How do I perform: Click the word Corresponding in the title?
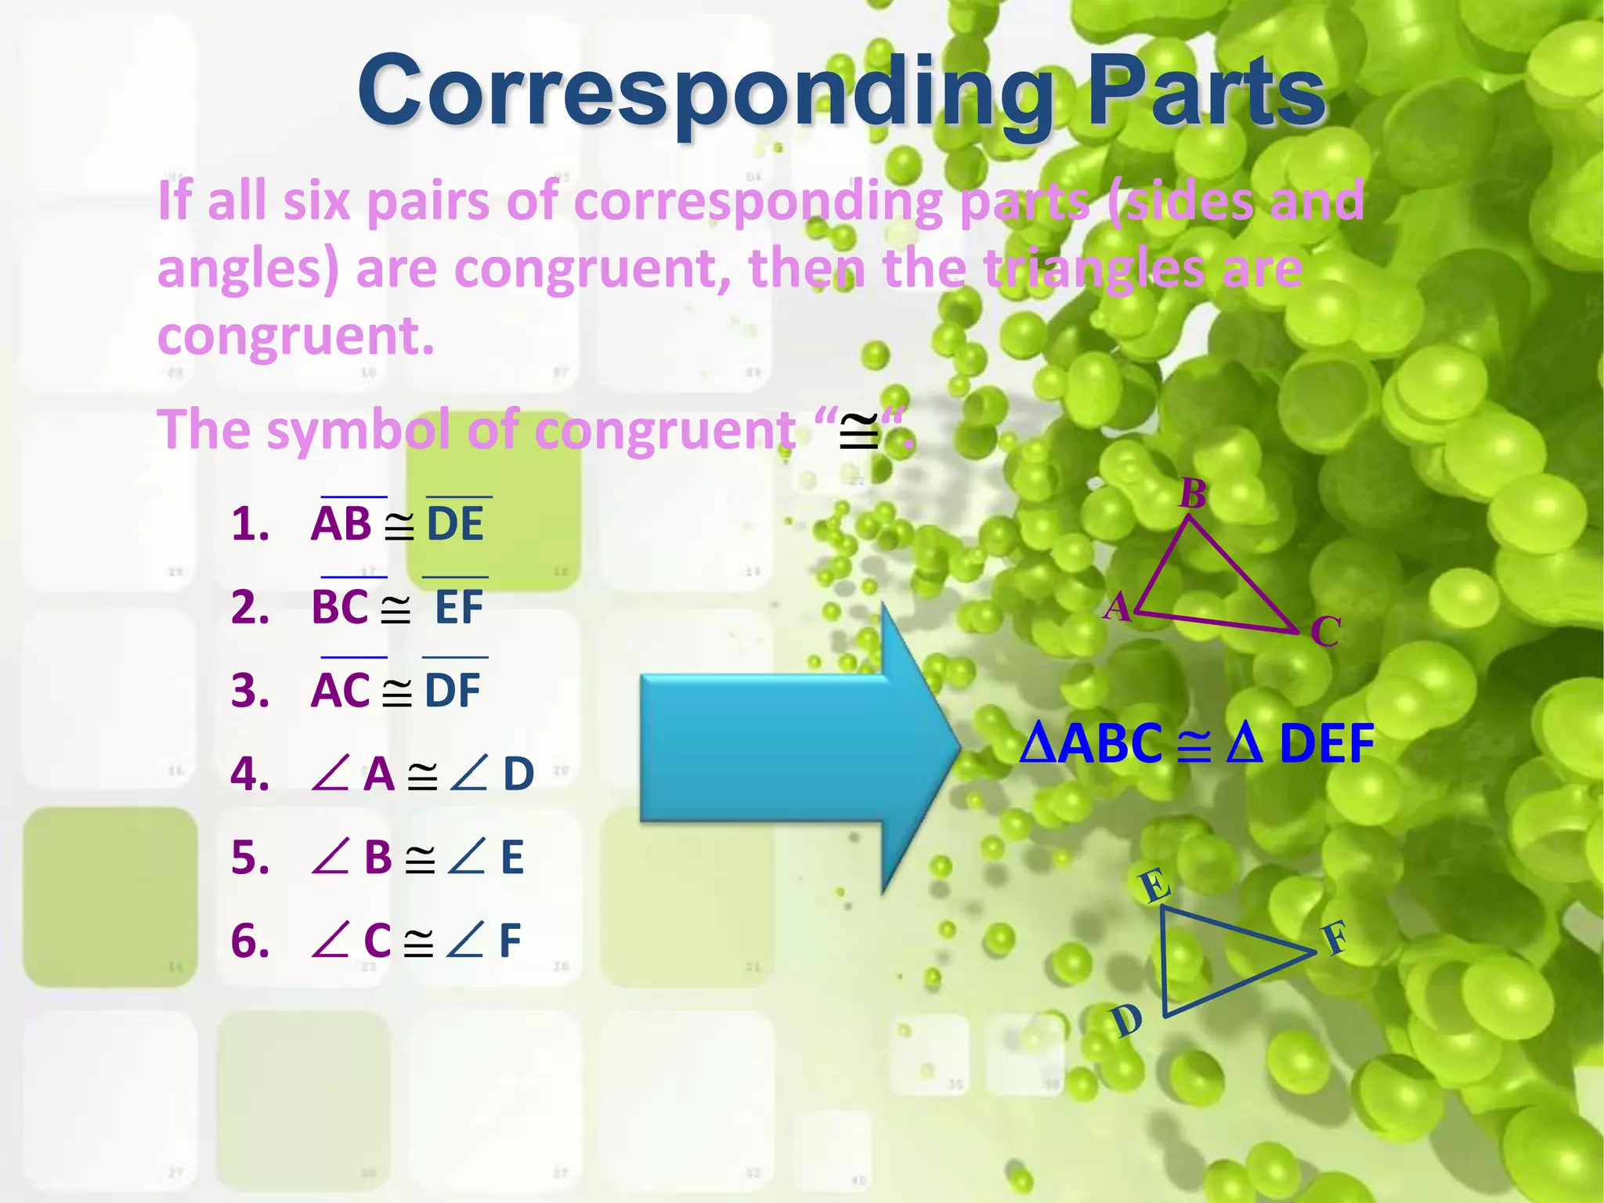click(x=705, y=92)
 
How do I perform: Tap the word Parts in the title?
click(x=1206, y=92)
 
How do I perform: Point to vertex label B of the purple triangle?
click(x=1193, y=494)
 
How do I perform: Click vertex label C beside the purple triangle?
click(x=1325, y=631)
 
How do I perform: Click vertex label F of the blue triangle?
click(x=1336, y=937)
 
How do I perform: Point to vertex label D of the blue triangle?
click(x=1127, y=1021)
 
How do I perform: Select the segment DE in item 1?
click(x=455, y=524)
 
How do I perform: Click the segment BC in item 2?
click(x=340, y=607)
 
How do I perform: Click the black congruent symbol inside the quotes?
click(x=858, y=432)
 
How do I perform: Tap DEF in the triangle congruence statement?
click(x=1326, y=743)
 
